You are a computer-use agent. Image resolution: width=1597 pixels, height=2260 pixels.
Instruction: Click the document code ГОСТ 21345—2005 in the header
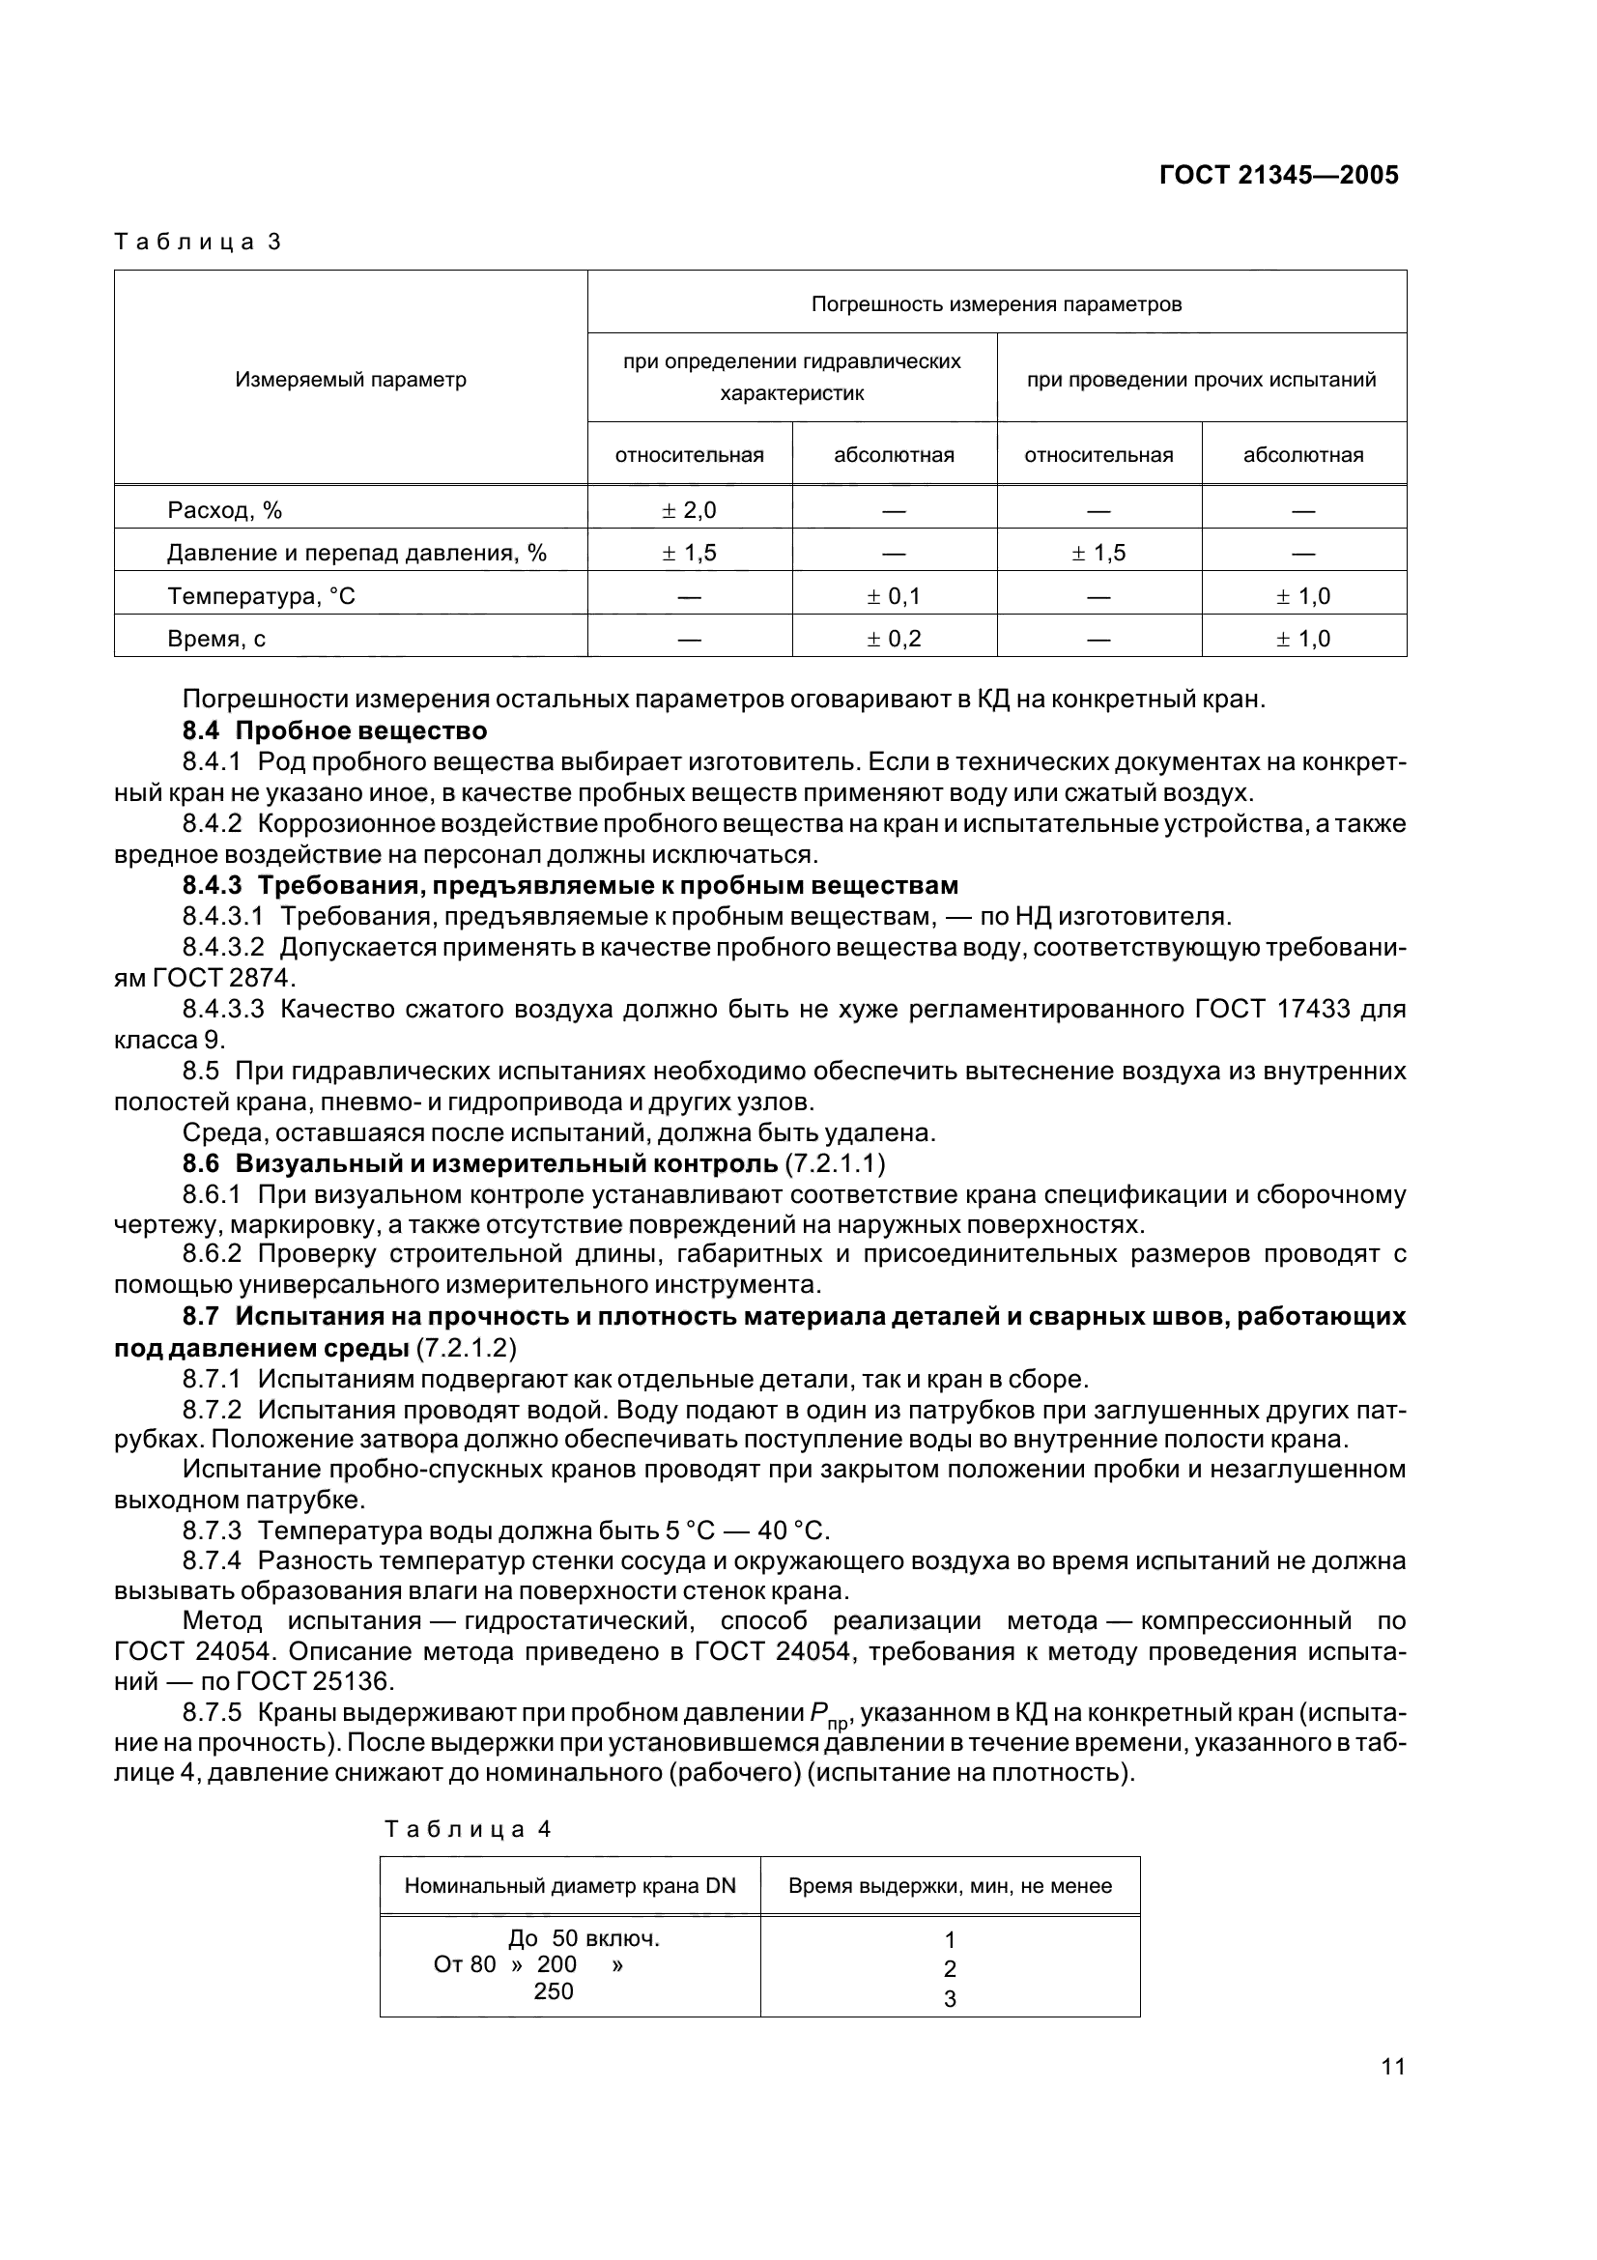(1278, 175)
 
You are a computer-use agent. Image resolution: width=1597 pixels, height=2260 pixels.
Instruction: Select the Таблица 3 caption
(198, 243)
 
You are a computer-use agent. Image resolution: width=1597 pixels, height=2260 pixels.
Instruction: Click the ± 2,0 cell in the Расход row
(689, 510)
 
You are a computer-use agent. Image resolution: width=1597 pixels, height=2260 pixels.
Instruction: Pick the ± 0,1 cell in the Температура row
(894, 595)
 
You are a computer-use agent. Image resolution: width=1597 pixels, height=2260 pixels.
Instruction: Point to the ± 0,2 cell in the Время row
(894, 639)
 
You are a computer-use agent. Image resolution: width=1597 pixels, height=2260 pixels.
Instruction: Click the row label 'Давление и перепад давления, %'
(356, 554)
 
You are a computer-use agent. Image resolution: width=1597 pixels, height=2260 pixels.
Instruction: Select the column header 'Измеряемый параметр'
(351, 380)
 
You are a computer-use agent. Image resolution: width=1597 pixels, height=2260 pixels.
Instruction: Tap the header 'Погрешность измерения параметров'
(996, 304)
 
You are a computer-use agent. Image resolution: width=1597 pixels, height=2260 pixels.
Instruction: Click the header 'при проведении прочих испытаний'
(1201, 380)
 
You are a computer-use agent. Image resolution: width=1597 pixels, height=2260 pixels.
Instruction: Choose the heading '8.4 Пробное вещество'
(334, 731)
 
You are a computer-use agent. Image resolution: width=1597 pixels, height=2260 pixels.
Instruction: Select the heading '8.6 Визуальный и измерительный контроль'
(480, 1163)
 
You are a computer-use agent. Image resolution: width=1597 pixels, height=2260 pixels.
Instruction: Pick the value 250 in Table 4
(553, 1991)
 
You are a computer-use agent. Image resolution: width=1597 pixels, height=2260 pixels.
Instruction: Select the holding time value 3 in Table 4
(950, 1999)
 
